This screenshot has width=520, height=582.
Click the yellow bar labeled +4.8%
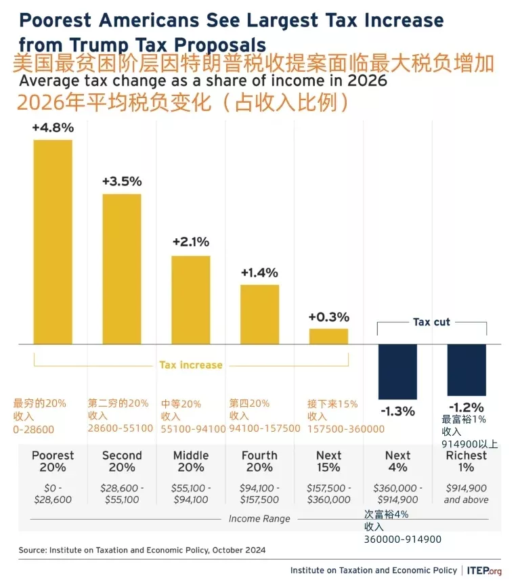(x=53, y=242)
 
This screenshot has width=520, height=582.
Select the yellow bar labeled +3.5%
(x=122, y=269)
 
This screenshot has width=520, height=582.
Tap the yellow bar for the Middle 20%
(x=190, y=299)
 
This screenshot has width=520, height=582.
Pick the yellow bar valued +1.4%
(x=260, y=314)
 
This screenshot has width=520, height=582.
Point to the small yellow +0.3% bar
(x=329, y=336)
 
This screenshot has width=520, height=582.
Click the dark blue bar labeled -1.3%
(x=397, y=371)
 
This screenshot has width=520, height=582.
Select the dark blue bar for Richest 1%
(x=467, y=370)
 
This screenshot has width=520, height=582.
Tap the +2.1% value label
(x=191, y=242)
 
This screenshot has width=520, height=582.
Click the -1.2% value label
(x=467, y=407)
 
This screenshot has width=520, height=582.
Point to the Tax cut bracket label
(x=431, y=322)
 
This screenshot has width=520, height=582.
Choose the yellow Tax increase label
(x=191, y=365)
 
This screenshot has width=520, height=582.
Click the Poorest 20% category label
(x=53, y=462)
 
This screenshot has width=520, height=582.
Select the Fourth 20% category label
(x=260, y=462)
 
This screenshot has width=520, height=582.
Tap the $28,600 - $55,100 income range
(x=122, y=493)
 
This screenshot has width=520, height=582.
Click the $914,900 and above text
(x=467, y=493)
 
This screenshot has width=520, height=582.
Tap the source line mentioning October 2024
(x=142, y=550)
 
